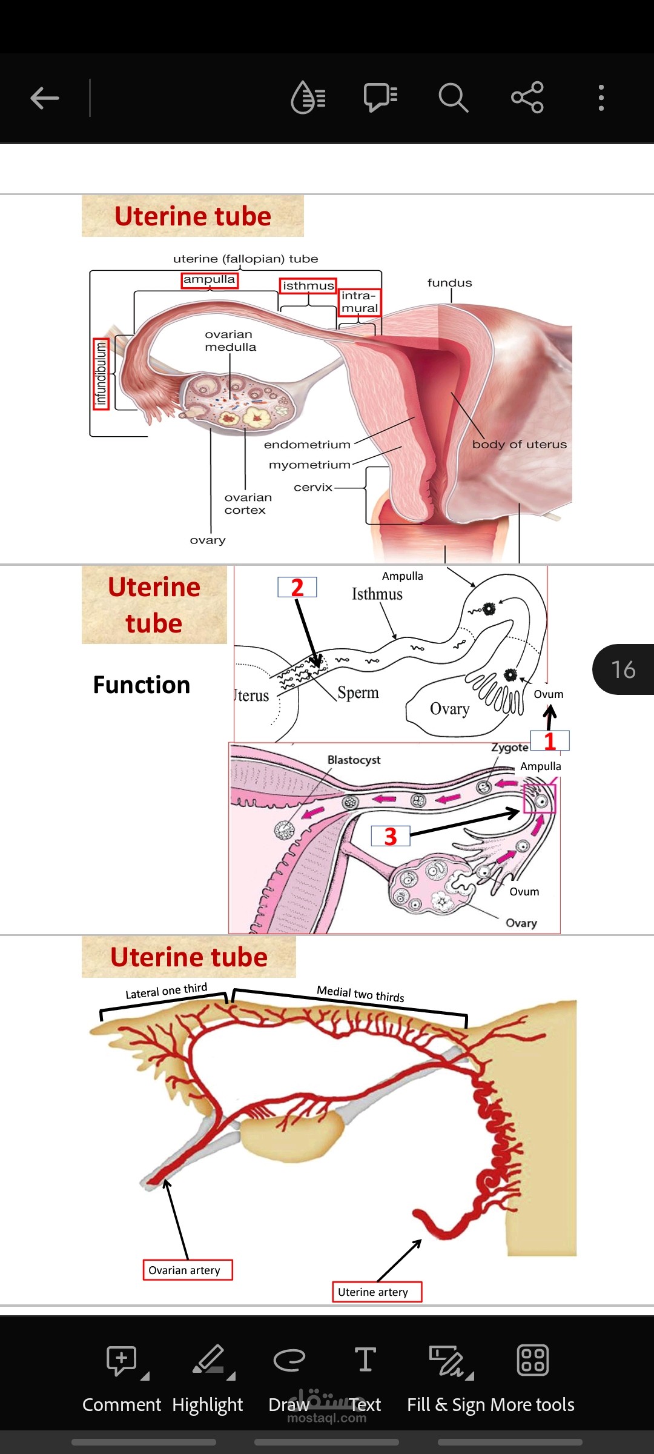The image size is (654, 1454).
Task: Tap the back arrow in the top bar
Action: coord(45,98)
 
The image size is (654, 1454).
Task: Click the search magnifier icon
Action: coord(453,98)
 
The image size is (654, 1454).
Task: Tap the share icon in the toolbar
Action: coord(527,98)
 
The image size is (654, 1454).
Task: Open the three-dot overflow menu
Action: coord(601,98)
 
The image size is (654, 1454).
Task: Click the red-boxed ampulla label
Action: coord(210,280)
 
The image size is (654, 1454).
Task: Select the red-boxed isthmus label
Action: coord(308,285)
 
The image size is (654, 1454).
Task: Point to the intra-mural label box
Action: coord(360,302)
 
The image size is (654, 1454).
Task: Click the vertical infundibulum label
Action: coord(101,374)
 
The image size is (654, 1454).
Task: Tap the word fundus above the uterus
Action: coord(449,283)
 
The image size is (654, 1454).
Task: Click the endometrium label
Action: coord(307,445)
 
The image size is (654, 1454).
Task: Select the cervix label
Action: coord(313,487)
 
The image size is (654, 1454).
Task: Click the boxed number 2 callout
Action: coord(297,587)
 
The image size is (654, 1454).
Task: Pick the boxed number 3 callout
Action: coord(391,836)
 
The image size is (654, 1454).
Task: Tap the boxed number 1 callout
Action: coord(550,740)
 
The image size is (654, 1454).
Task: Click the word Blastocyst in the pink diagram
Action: coord(354,760)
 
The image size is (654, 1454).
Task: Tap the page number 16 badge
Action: coord(623,669)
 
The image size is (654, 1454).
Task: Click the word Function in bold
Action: coord(142,685)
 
